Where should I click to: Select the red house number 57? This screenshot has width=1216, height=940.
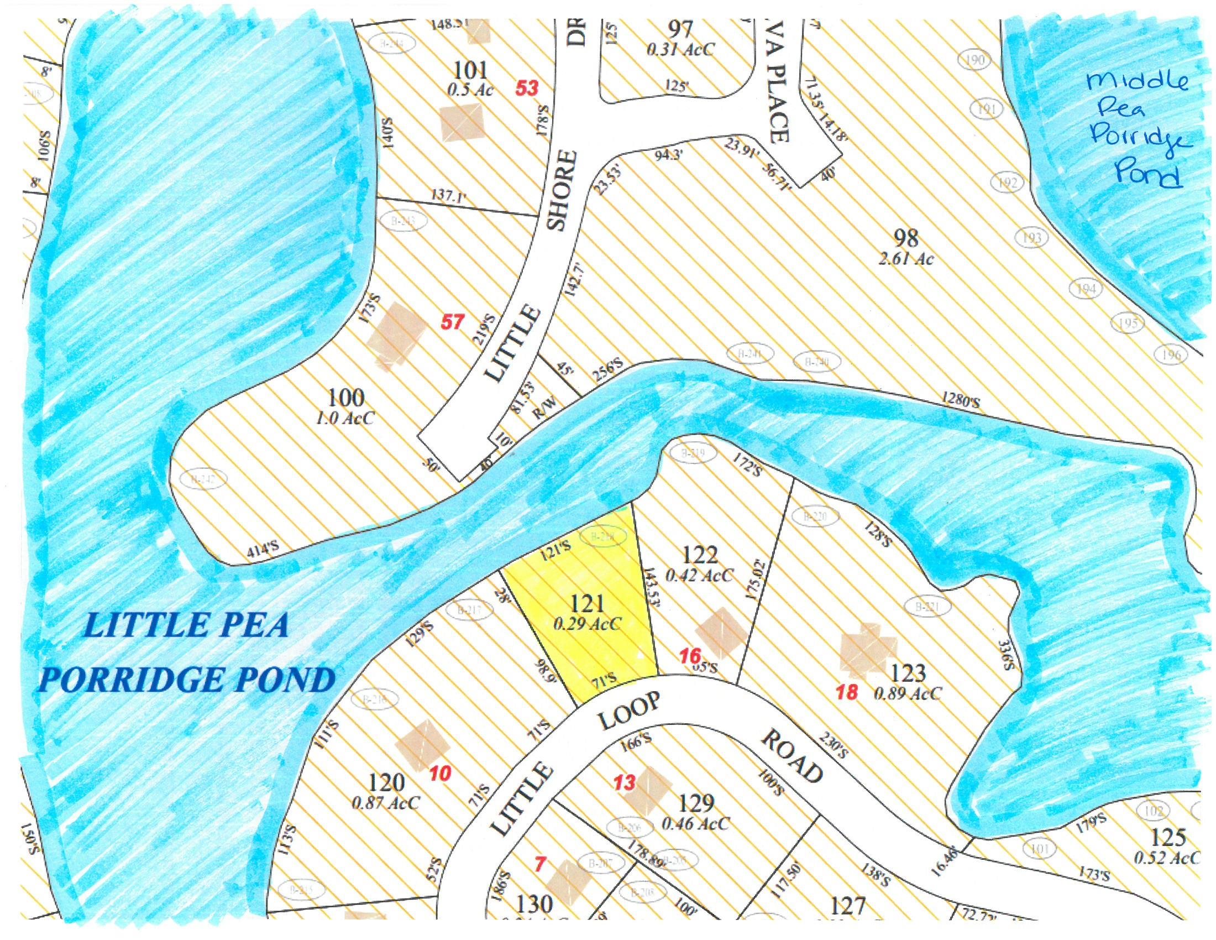(x=452, y=322)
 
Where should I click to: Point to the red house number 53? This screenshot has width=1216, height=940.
(x=527, y=88)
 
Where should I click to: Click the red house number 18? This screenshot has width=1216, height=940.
(x=847, y=693)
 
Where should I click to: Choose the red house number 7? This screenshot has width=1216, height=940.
(x=539, y=865)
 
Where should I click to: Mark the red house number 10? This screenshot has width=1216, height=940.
(x=441, y=774)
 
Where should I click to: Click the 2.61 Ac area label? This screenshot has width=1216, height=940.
(x=906, y=259)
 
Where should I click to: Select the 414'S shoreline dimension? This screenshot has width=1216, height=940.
(x=262, y=551)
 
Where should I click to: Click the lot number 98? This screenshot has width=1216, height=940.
(x=905, y=238)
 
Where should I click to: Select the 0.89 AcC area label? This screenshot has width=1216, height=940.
(x=908, y=694)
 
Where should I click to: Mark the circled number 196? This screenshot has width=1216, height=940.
(x=1171, y=355)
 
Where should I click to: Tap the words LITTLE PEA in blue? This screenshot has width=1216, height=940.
(x=186, y=626)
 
